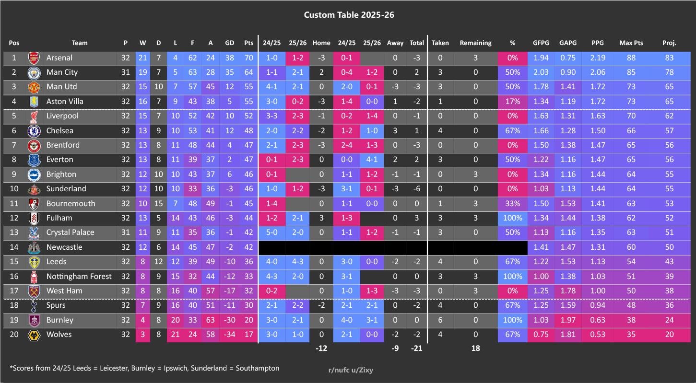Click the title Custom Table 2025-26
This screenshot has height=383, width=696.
(349, 15)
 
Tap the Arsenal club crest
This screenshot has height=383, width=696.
(34, 58)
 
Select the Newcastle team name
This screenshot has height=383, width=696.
(64, 247)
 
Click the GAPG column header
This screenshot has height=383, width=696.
(568, 43)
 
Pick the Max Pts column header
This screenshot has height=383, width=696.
(631, 43)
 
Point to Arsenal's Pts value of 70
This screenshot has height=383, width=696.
(248, 58)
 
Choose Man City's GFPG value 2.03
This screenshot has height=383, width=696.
(541, 72)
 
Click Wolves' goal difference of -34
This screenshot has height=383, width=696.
(230, 335)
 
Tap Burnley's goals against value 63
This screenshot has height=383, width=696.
(210, 320)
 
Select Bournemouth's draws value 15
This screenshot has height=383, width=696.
(158, 204)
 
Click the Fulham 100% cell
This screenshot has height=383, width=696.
(512, 218)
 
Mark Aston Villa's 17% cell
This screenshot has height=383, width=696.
(512, 102)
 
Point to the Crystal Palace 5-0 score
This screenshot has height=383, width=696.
(271, 232)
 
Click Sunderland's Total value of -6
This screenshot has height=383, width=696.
(416, 189)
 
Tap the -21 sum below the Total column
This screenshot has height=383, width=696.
(416, 348)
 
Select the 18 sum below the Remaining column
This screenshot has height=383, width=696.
(475, 348)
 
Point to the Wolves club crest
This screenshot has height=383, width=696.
(34, 335)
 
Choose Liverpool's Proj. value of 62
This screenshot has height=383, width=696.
(669, 116)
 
